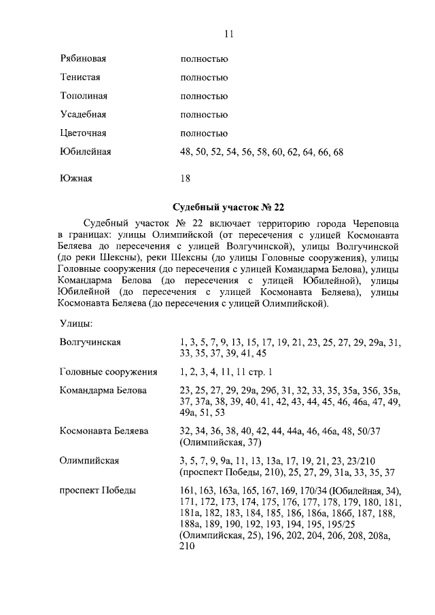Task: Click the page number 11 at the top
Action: tap(228, 35)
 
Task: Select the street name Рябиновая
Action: tap(83, 60)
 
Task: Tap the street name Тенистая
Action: tap(80, 78)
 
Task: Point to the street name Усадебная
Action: tap(83, 115)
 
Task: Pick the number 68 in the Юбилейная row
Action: tap(338, 152)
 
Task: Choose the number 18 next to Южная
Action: tap(186, 179)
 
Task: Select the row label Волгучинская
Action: tap(90, 342)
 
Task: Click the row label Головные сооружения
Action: tap(108, 372)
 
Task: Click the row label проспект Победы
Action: tap(97, 491)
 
